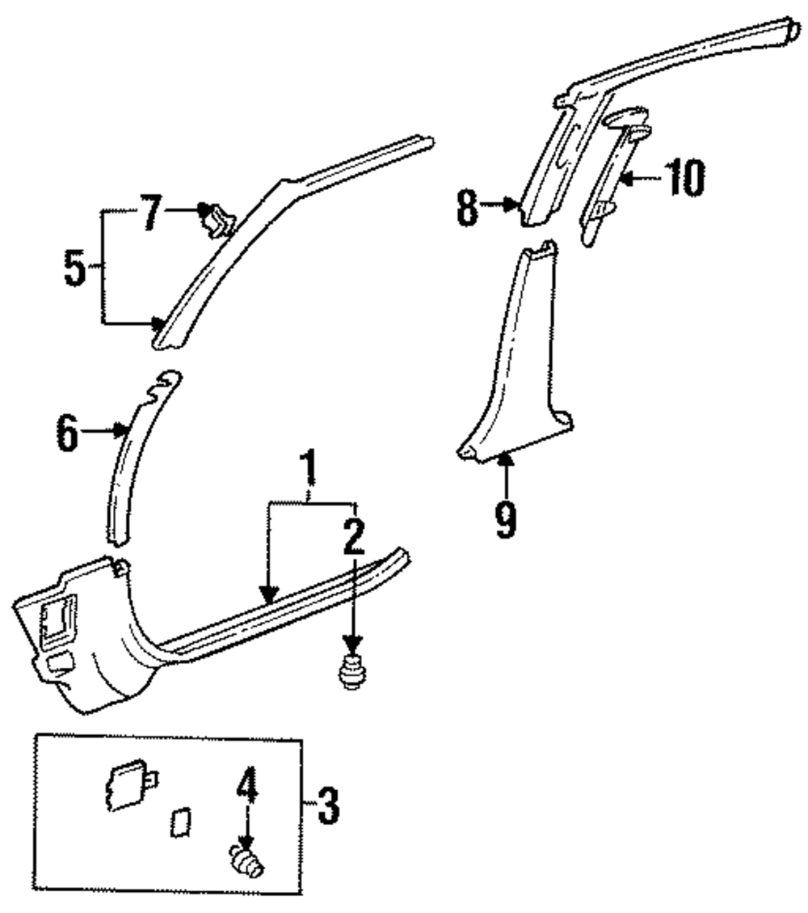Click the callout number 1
tap(307, 471)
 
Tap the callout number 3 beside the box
tap(326, 805)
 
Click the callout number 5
tap(75, 269)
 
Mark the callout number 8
tap(466, 208)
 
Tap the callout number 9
tap(505, 520)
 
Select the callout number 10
tap(683, 178)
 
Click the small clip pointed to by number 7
tap(217, 220)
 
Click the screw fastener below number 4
tap(246, 860)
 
